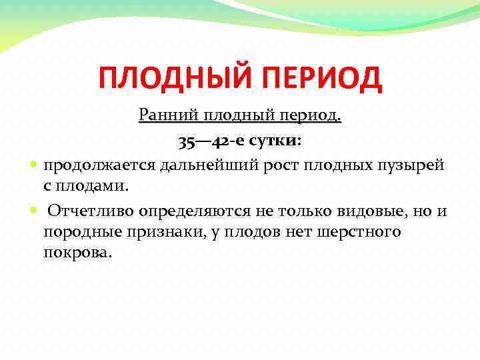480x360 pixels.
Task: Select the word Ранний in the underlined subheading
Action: (165, 115)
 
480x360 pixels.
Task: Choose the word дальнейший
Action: (194, 165)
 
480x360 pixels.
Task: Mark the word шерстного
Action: (362, 232)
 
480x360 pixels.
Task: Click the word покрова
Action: (78, 254)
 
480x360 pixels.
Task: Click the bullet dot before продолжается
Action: (34, 165)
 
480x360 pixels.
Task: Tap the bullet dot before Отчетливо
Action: (34, 211)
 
